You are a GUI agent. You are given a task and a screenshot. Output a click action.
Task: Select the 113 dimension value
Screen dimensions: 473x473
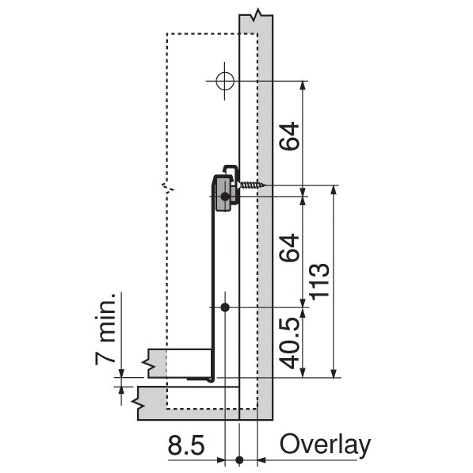click(321, 280)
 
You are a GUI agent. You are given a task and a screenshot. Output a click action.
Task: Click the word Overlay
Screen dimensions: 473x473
click(324, 445)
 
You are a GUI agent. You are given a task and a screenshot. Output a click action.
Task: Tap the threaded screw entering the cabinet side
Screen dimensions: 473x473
click(252, 185)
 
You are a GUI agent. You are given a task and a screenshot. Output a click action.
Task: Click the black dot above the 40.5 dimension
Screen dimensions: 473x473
click(225, 307)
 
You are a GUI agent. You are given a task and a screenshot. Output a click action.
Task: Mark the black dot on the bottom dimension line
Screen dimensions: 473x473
click(239, 460)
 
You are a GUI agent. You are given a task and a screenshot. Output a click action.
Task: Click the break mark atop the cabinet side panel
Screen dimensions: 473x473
click(255, 16)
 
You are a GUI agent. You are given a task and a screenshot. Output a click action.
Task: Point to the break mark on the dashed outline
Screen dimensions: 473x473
click(166, 189)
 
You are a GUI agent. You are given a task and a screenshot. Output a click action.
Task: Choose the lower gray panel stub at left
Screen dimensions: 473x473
click(151, 399)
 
